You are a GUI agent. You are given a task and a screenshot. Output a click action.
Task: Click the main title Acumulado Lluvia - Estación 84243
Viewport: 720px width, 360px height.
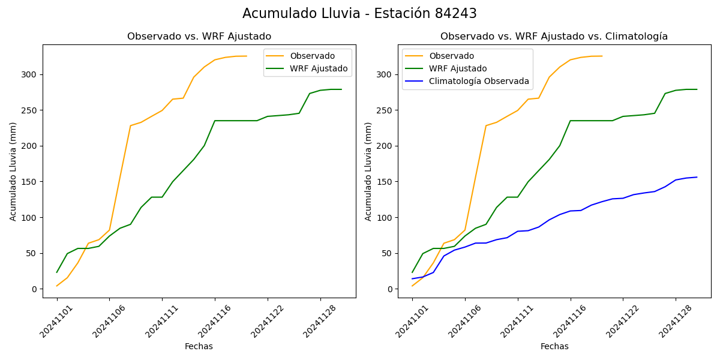point(359,14)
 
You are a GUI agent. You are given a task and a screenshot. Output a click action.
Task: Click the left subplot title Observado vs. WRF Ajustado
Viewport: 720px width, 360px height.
point(199,37)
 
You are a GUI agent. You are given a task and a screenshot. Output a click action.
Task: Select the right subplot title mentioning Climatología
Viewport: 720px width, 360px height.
point(554,37)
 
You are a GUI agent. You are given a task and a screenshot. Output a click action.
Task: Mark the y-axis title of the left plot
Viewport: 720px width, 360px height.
point(13,171)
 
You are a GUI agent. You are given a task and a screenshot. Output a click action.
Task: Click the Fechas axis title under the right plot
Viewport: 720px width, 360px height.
point(554,346)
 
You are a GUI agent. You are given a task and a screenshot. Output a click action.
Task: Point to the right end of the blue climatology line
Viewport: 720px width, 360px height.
point(697,177)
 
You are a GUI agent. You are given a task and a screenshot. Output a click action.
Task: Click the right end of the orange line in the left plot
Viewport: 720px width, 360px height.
point(247,56)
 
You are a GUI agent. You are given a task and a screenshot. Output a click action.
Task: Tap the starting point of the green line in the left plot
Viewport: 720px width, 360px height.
point(57,272)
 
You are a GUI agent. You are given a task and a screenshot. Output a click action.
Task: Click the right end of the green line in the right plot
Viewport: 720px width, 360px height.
point(697,89)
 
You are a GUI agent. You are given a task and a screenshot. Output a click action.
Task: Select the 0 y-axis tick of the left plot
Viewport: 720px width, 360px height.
point(34,289)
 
